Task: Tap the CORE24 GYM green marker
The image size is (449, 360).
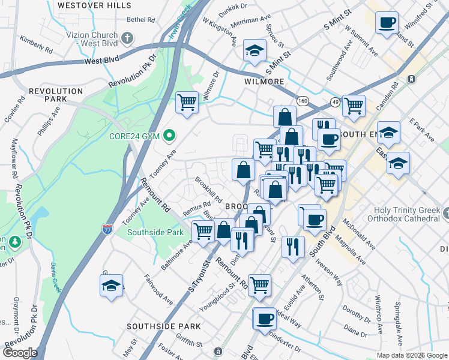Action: [x=169, y=136]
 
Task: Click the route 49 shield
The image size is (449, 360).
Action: [x=334, y=103]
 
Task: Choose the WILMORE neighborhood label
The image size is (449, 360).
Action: [x=264, y=81]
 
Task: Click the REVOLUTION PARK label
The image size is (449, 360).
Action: [x=55, y=95]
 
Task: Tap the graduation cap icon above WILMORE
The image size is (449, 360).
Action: [x=255, y=51]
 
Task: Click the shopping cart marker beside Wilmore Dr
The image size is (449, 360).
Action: [x=187, y=102]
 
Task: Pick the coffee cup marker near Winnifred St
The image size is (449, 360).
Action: [x=387, y=23]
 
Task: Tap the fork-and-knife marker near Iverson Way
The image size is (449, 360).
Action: [x=293, y=247]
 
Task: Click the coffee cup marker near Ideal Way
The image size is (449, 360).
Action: [x=264, y=319]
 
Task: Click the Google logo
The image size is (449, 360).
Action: [x=20, y=353]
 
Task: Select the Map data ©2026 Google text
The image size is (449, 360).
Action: [x=411, y=355]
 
